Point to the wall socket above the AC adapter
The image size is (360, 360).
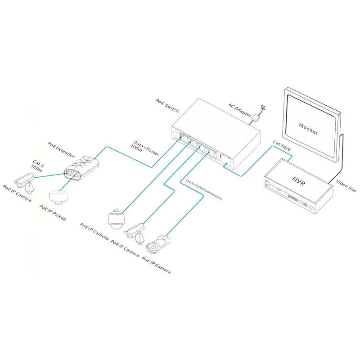coord(263,107)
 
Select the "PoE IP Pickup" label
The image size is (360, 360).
coord(53,212)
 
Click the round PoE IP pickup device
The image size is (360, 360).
coord(58,196)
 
